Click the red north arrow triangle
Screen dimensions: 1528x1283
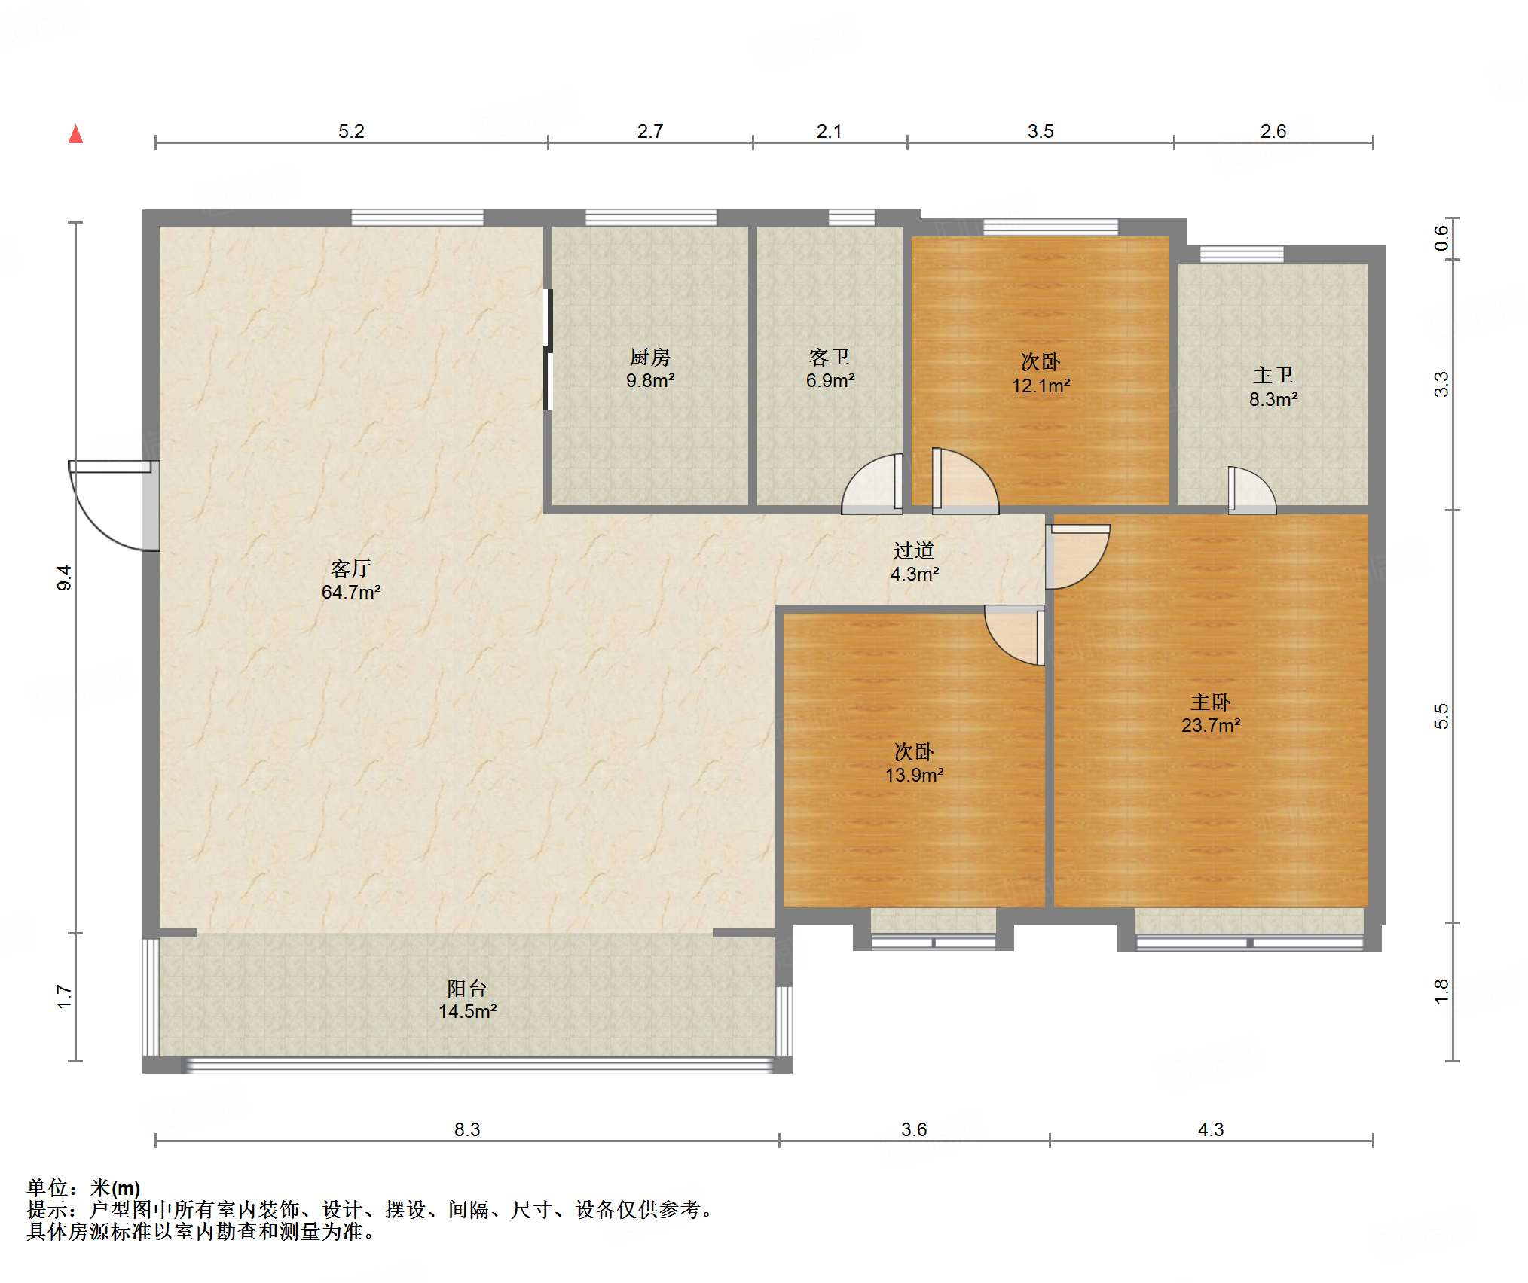tap(75, 134)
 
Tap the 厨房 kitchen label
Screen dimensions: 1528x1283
tap(649, 357)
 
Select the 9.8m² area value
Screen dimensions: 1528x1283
tap(649, 380)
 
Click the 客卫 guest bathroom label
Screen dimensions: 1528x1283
tap(830, 357)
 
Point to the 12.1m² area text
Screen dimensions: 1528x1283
tap(1041, 386)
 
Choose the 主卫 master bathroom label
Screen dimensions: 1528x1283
tap(1273, 375)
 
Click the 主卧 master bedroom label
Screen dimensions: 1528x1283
tap(1211, 702)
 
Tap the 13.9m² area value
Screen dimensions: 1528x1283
tap(914, 775)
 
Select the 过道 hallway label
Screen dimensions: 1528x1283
tap(914, 550)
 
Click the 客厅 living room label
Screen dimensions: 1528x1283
tap(350, 568)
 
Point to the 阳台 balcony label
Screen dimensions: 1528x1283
tap(467, 988)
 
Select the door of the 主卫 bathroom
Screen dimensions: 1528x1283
tap(1251, 490)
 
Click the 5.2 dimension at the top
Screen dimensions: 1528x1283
tap(351, 131)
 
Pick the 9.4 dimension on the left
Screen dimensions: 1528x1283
tap(65, 577)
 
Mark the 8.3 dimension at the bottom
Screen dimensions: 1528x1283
tap(467, 1129)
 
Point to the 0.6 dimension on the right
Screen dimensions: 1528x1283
tap(1441, 239)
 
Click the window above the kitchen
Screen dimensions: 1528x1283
tap(651, 218)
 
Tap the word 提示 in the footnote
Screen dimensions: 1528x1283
tap(47, 1210)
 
